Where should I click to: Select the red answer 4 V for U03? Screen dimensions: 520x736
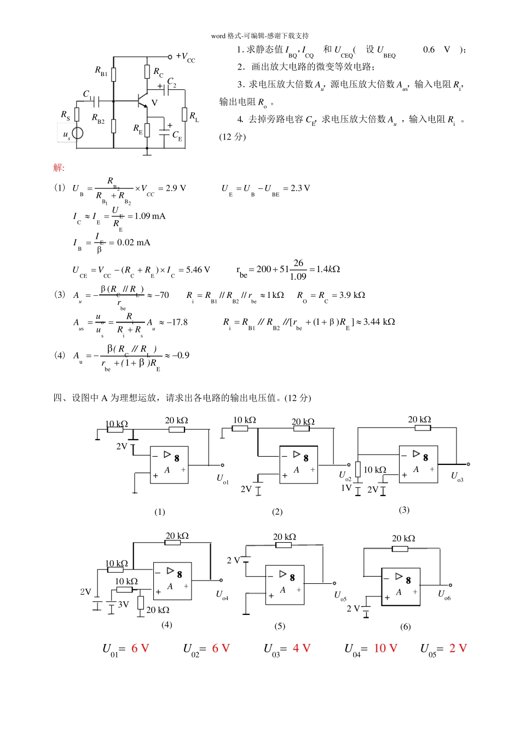302,648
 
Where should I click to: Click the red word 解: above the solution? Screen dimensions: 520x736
59,168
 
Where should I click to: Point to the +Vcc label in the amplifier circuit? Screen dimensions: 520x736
186,57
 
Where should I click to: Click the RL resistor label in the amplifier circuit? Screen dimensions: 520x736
194,116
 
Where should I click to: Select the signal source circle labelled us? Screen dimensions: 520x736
78,133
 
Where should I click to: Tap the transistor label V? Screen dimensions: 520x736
154,102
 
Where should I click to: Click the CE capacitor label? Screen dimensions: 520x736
177,135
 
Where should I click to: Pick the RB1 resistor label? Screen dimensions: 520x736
101,71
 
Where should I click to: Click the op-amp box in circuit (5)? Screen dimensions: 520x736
285,585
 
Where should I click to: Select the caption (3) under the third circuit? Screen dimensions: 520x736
404,510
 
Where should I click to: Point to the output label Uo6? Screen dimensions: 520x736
444,595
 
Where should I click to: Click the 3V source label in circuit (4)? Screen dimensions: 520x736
124,605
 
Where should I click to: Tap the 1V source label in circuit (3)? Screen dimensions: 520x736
346,487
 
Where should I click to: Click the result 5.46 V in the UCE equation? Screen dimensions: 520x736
198,270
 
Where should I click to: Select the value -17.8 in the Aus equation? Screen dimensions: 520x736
176,322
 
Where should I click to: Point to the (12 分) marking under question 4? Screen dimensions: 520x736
233,137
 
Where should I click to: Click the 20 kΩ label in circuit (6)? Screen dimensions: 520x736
403,538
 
